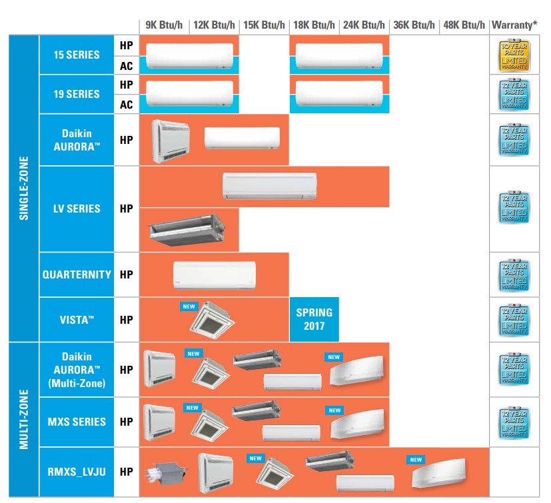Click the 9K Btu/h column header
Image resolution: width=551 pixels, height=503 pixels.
(164, 25)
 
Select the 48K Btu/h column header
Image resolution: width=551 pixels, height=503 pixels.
(464, 25)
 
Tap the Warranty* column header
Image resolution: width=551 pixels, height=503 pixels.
(514, 25)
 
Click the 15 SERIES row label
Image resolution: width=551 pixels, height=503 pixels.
(77, 55)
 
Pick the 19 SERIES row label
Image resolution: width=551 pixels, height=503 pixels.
(77, 94)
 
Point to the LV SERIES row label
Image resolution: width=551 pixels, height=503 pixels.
(77, 209)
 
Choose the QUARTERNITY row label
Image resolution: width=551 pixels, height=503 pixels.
(77, 274)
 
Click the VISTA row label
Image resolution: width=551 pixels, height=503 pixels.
(77, 320)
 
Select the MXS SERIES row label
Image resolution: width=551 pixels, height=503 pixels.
(77, 422)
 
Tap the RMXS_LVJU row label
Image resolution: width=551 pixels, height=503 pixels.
(77, 472)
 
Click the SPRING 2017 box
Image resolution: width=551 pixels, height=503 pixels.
(314, 319)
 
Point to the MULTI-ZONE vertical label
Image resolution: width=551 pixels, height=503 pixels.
(24, 419)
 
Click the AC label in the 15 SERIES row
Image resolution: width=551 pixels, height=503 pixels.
(126, 65)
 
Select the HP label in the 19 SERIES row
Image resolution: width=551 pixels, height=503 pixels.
(126, 85)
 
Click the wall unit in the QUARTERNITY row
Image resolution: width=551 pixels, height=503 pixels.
(214, 274)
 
